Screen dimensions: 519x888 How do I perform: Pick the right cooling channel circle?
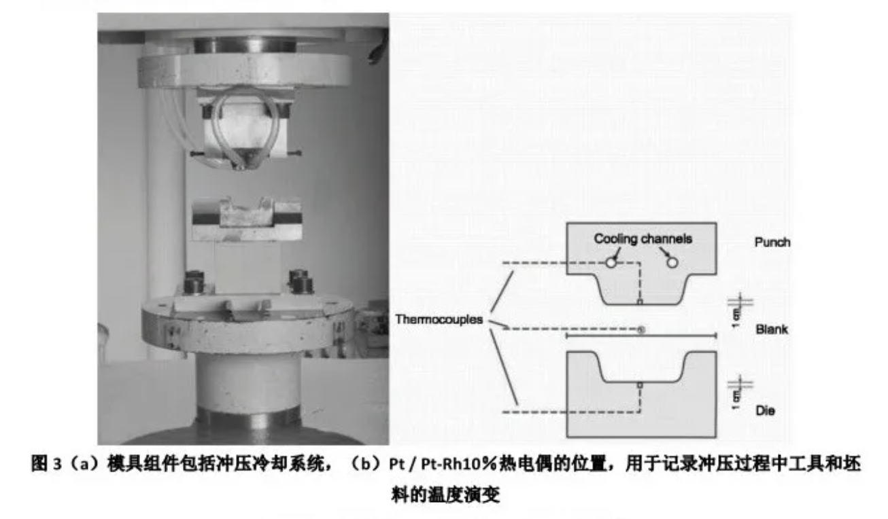pyautogui.click(x=672, y=262)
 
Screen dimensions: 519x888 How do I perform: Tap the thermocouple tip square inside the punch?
pyautogui.click(x=639, y=301)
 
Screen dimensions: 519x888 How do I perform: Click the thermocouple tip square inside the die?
pyautogui.click(x=639, y=385)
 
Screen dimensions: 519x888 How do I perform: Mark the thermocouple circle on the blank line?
pyautogui.click(x=640, y=330)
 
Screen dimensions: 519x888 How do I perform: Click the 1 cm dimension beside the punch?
pyautogui.click(x=736, y=312)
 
